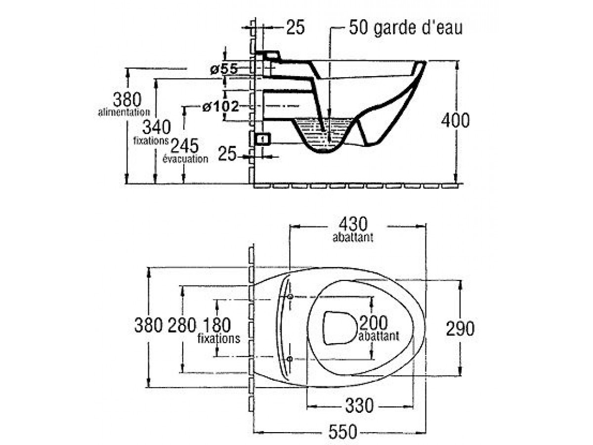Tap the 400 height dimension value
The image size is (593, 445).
point(455,120)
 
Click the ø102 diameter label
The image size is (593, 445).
point(220,106)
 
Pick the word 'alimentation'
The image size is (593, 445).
point(124,113)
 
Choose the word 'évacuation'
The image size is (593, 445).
point(185,159)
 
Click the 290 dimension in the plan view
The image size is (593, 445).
point(460,328)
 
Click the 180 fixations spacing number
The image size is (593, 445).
point(216,325)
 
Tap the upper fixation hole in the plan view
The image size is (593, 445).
point(290,296)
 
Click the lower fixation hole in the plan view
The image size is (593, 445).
point(290,358)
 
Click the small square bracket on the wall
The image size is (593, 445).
point(262,138)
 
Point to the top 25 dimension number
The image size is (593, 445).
point(296,28)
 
